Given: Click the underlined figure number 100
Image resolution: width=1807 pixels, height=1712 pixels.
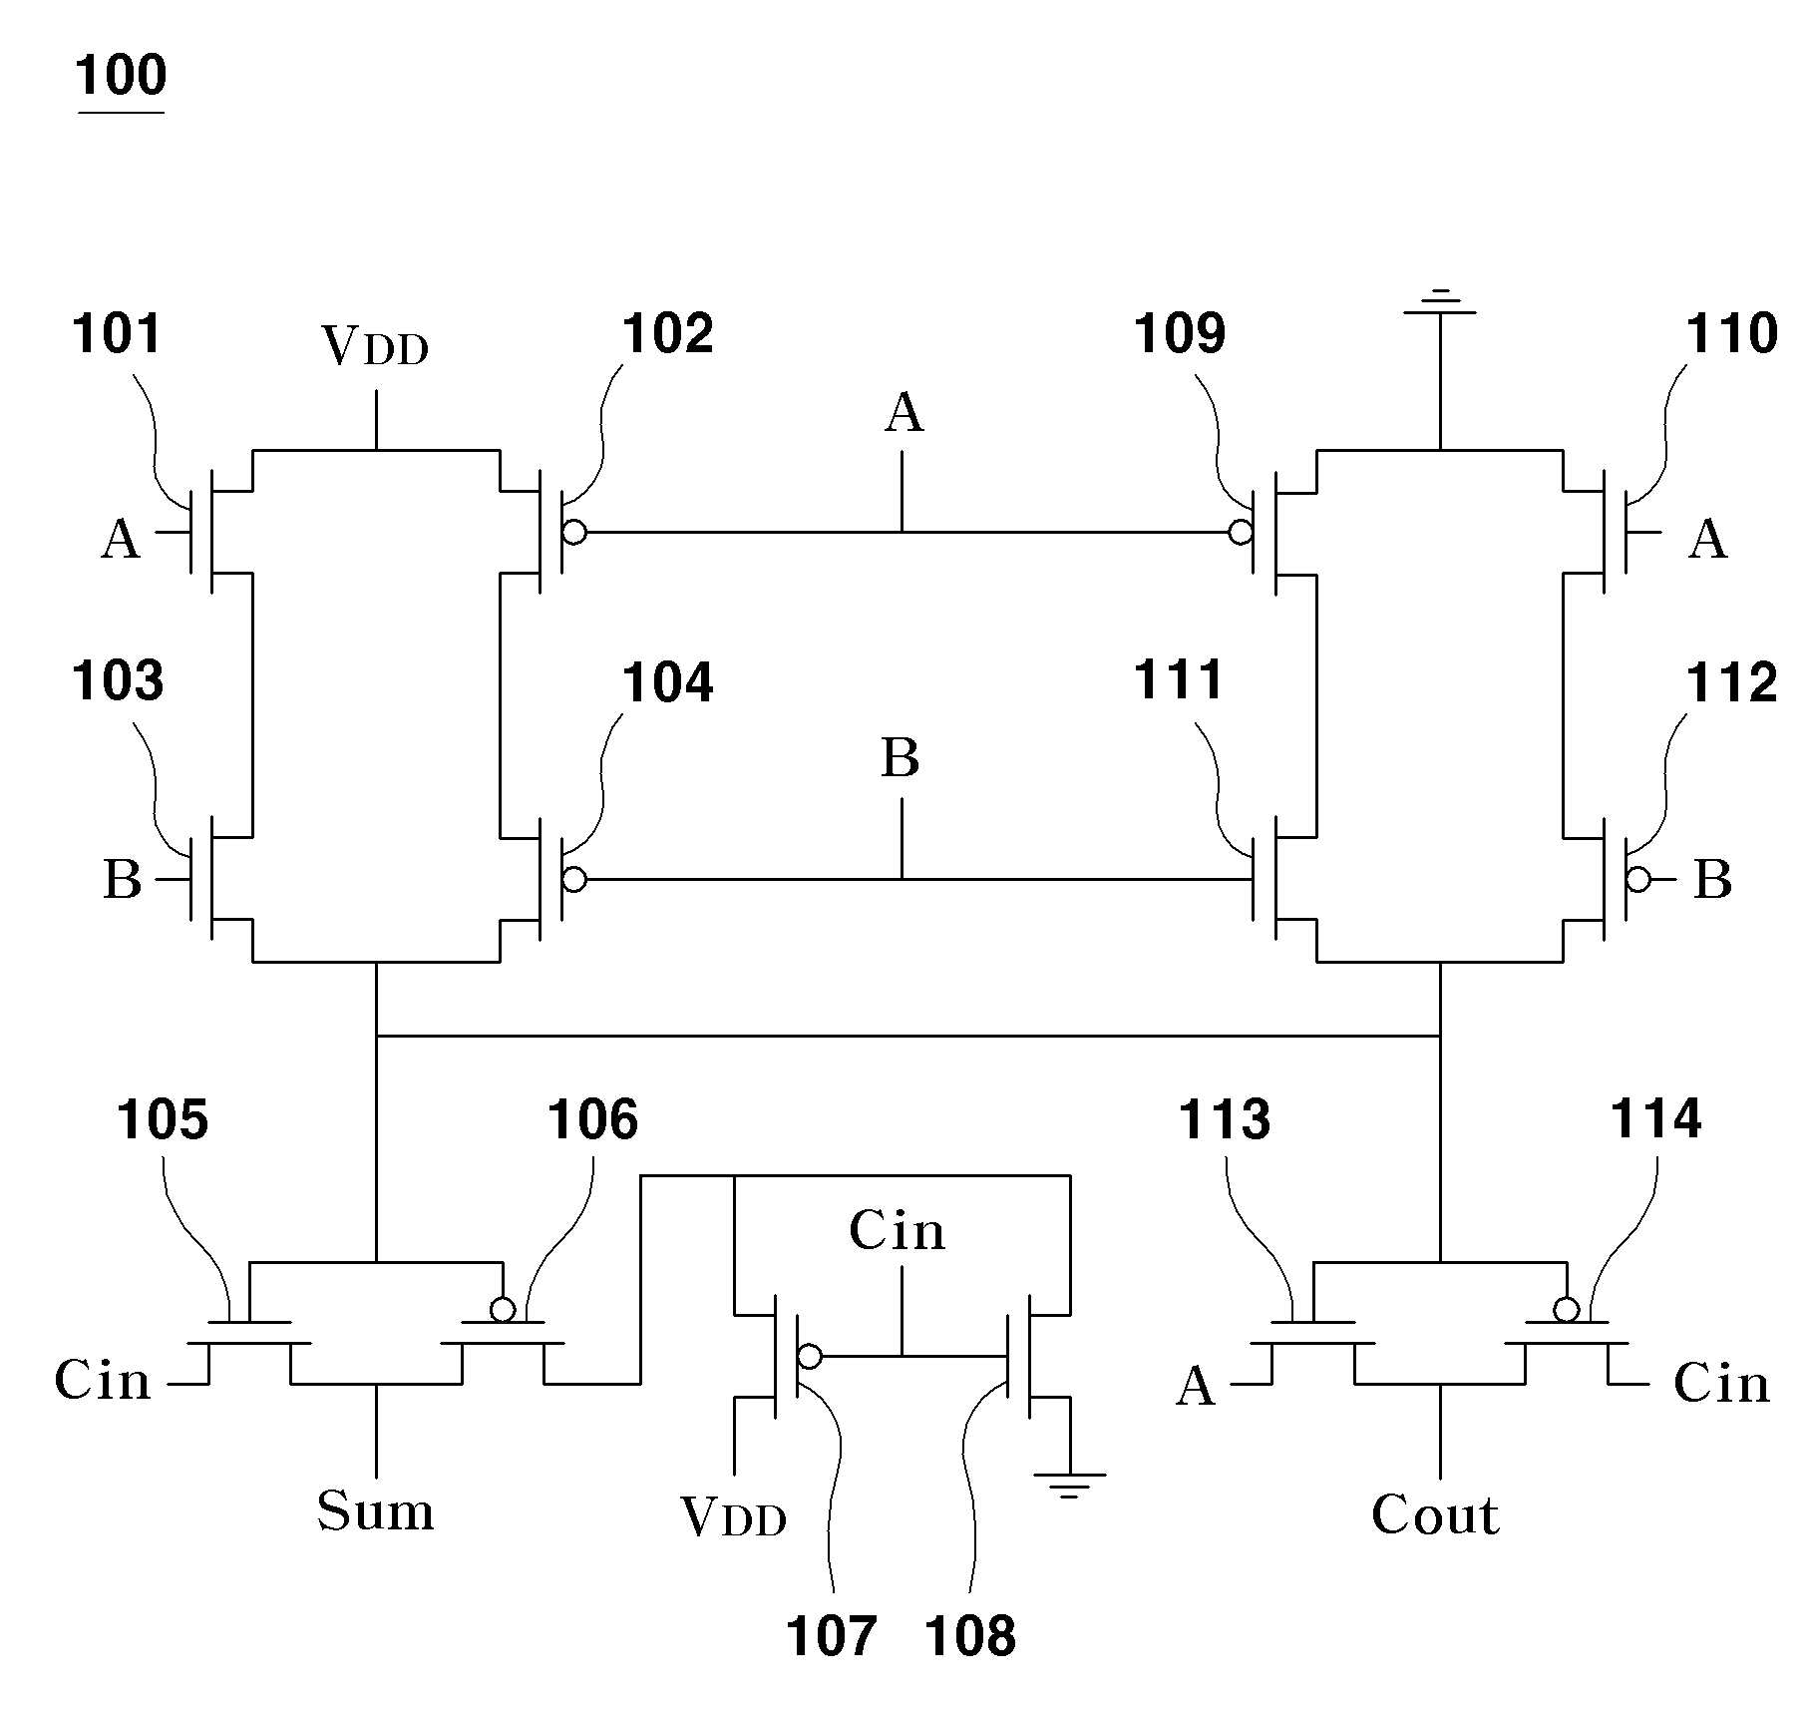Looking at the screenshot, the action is click(121, 76).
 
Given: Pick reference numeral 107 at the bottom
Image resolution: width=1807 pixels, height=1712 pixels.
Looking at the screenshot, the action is click(831, 1636).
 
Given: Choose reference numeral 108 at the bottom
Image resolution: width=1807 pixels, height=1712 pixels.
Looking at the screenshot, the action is click(970, 1636).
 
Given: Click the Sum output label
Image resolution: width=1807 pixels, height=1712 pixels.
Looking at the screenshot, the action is click(376, 1510).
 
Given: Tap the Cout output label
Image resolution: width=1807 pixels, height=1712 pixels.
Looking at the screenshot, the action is click(1435, 1514).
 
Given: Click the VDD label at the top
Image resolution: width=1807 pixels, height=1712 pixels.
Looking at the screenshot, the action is click(375, 347).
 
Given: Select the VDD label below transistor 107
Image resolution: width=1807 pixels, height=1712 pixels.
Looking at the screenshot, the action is click(734, 1516).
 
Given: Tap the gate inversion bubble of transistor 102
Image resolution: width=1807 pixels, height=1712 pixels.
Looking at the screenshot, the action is click(574, 532).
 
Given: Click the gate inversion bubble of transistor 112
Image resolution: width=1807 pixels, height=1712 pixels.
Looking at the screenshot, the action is click(1637, 879).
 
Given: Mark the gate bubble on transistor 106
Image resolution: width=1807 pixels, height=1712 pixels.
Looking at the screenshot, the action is click(503, 1308).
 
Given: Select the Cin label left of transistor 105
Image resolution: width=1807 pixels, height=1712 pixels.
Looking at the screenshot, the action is click(103, 1380).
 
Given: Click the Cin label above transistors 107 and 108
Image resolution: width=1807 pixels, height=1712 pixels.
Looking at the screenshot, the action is click(898, 1230).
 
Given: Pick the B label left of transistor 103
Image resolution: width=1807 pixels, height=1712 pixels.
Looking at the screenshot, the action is click(123, 880).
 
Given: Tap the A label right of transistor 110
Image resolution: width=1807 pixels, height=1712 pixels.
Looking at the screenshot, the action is click(1708, 539).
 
